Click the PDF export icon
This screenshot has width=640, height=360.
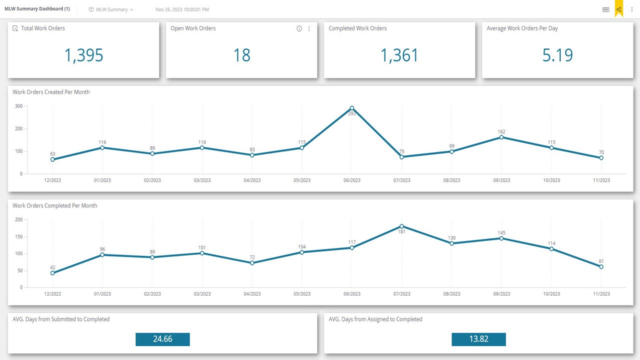(605, 9)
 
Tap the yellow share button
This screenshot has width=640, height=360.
(619, 9)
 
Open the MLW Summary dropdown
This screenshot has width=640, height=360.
(111, 9)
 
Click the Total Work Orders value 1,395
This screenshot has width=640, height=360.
(83, 55)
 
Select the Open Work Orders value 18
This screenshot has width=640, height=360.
(241, 55)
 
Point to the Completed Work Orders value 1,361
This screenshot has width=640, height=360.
(399, 55)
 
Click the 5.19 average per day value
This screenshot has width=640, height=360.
(557, 55)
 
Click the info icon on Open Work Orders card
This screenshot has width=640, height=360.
(299, 28)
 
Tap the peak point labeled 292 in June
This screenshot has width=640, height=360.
(352, 108)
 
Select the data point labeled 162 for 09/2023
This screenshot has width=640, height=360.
(501, 137)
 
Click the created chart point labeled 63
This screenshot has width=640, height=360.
(52, 159)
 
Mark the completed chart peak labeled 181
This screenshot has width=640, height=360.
(401, 226)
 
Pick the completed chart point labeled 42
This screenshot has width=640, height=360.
(52, 273)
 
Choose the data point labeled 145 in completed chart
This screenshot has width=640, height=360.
(501, 238)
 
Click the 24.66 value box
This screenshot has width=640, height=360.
(162, 339)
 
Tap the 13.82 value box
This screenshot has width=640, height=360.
(478, 339)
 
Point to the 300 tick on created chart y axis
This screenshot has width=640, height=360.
(18, 106)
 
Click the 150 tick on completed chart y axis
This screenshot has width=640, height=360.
(18, 236)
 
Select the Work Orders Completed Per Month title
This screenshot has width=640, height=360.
(55, 205)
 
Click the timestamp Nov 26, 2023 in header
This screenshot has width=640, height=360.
(182, 9)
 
